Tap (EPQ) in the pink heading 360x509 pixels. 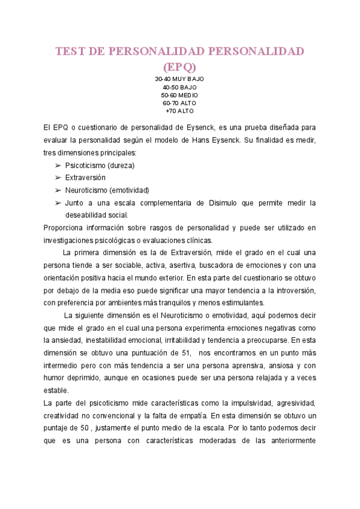point(179,66)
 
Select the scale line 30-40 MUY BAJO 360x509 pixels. point(179,79)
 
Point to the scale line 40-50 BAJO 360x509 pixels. point(179,87)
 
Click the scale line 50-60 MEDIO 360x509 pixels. point(179,95)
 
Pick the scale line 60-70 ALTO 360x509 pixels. point(179,103)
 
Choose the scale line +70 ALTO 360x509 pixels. point(179,110)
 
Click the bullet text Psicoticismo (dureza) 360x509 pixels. point(100,165)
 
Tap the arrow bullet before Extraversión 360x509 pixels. point(58,178)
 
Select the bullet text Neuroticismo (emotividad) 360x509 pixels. point(107,190)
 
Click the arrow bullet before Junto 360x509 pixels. point(58,203)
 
